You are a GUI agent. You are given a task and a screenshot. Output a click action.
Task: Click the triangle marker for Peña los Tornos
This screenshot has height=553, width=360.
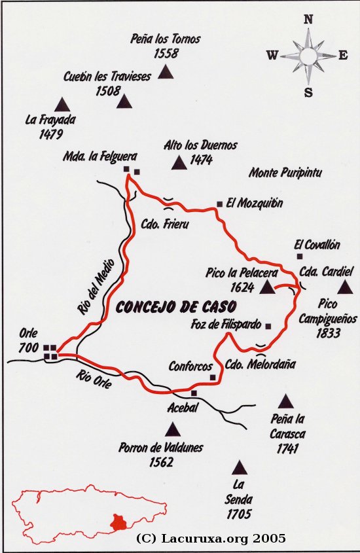click(x=166, y=71)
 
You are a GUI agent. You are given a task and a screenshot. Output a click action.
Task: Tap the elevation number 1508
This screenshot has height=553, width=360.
click(x=108, y=90)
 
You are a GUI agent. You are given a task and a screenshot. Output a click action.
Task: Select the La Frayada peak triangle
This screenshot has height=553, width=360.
click(x=62, y=104)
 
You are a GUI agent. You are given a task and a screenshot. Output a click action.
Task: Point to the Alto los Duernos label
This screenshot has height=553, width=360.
click(x=201, y=145)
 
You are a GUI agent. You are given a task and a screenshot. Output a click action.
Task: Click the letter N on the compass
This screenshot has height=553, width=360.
click(x=308, y=20)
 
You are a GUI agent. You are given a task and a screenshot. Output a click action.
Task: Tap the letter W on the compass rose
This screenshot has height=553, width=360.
click(x=272, y=56)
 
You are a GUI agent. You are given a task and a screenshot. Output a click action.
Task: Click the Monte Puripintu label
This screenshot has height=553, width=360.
click(x=285, y=173)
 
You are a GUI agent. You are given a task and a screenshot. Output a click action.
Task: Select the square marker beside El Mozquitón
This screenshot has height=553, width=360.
click(x=219, y=204)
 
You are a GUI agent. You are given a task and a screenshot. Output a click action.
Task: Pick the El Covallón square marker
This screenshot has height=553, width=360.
click(x=299, y=256)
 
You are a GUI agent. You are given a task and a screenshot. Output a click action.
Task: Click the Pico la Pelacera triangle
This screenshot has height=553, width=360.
click(x=267, y=287)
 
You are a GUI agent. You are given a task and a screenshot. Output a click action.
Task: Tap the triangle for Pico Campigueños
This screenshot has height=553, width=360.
click(x=345, y=287)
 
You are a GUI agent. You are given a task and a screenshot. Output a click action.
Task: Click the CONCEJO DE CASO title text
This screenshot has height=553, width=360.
click(x=175, y=306)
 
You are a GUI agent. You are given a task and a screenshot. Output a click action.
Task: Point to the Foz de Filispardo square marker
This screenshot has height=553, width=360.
click(x=268, y=325)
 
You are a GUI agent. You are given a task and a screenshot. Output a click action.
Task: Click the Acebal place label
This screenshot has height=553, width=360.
click(x=182, y=406)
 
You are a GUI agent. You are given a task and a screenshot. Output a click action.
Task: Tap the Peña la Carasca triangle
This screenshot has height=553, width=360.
click(x=285, y=401)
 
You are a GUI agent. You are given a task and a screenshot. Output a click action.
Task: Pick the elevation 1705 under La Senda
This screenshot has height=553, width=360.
click(x=240, y=514)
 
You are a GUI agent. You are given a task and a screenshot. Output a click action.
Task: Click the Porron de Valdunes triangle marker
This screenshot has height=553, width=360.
click(x=173, y=429)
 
